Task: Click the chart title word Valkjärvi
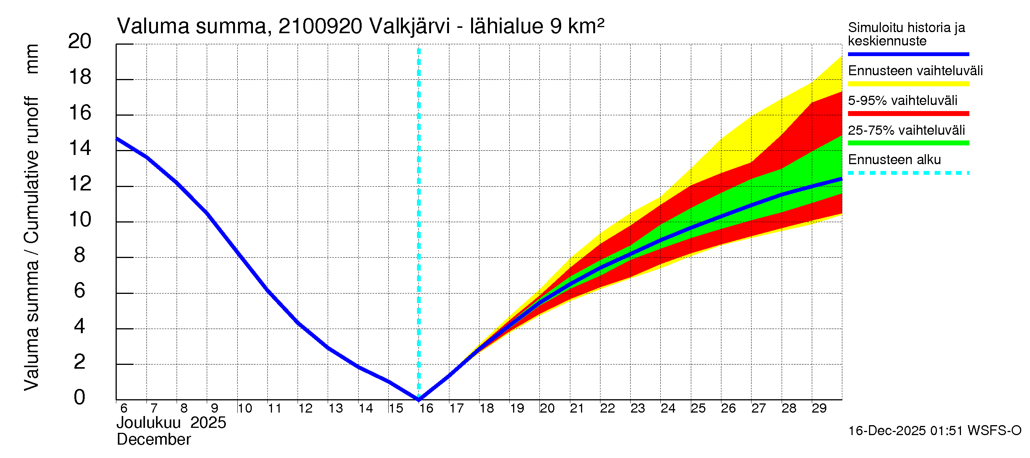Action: pyautogui.click(x=409, y=26)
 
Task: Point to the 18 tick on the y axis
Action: pyautogui.click(x=80, y=77)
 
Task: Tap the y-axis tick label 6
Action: pyautogui.click(x=80, y=290)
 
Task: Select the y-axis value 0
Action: pyautogui.click(x=80, y=397)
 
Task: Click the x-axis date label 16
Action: pyautogui.click(x=426, y=408)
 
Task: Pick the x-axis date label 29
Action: pyautogui.click(x=819, y=408)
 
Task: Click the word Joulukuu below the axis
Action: pyautogui.click(x=148, y=423)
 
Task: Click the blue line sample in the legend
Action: pyautogui.click(x=908, y=54)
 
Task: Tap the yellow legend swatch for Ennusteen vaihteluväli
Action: pyautogui.click(x=908, y=84)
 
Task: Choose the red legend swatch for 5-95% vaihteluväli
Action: pyautogui.click(x=908, y=114)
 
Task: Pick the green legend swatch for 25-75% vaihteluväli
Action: pyautogui.click(x=908, y=143)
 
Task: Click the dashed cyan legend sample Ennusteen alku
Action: pyautogui.click(x=908, y=173)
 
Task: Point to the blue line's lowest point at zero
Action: pyautogui.click(x=418, y=399)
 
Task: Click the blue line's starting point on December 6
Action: pyautogui.click(x=117, y=139)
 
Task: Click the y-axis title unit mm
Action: pyautogui.click(x=32, y=59)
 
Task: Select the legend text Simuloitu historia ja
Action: pyautogui.click(x=906, y=27)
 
